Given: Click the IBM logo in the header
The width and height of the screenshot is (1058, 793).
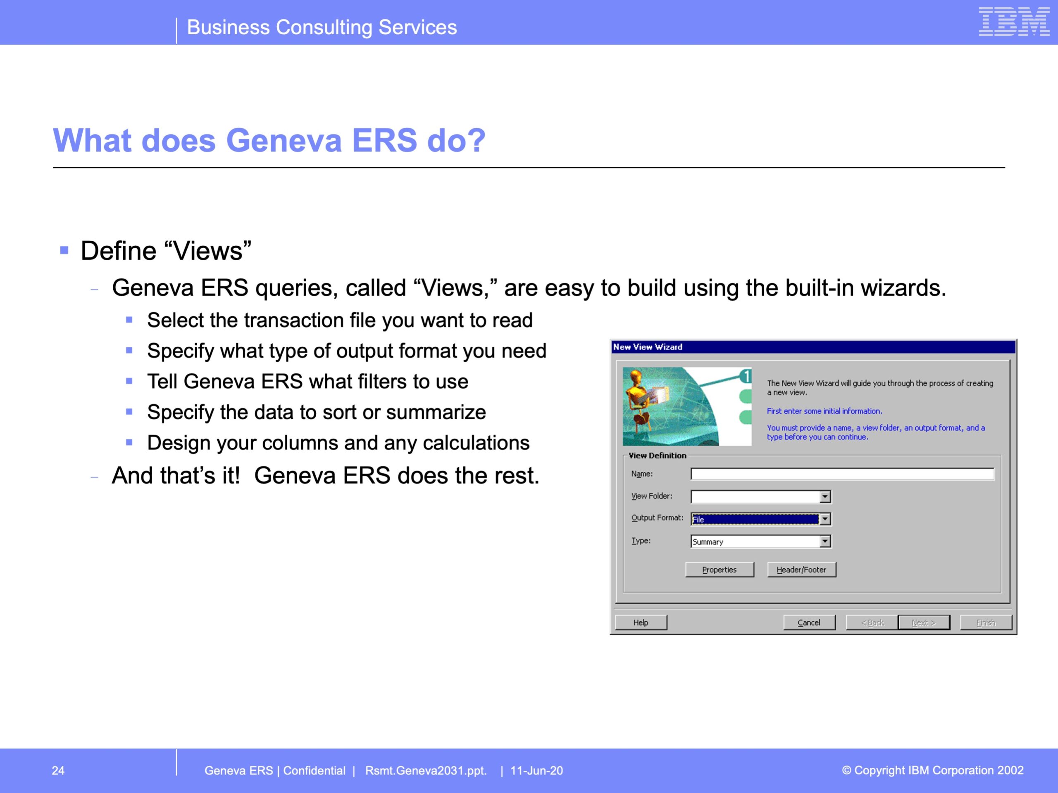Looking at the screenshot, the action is click(x=1014, y=21).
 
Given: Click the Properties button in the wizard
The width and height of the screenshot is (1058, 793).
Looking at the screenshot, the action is click(x=720, y=570).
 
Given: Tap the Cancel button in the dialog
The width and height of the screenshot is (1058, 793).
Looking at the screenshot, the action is click(x=809, y=622).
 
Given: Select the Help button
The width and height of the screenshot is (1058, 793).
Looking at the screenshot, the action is click(x=641, y=622).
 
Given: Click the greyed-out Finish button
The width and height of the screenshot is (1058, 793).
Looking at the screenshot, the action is click(x=986, y=622).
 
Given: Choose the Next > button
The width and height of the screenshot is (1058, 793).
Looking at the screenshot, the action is click(x=924, y=622).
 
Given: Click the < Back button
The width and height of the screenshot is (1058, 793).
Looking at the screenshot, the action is click(x=872, y=622).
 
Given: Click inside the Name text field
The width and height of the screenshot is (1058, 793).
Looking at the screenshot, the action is click(x=842, y=474).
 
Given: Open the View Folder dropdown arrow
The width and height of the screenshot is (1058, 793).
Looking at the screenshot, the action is click(x=825, y=496).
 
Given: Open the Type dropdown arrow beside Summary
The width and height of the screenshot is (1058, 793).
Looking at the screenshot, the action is click(x=825, y=541).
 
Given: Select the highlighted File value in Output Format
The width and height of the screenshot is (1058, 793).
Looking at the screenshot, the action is click(x=755, y=519).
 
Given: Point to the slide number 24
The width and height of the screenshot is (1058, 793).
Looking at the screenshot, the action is click(x=58, y=771).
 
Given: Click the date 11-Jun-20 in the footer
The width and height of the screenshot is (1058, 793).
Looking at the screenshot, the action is click(x=537, y=771).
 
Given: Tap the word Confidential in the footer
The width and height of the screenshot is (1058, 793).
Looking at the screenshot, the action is click(x=314, y=771).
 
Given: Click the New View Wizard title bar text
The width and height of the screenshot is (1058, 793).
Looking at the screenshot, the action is click(x=648, y=347).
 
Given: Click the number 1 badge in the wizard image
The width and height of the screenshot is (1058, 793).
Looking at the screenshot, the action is click(x=746, y=376).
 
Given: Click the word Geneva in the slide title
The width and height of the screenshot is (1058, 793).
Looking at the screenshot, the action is click(x=284, y=140).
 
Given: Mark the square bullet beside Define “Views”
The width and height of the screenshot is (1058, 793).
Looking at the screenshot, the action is click(x=64, y=250).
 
